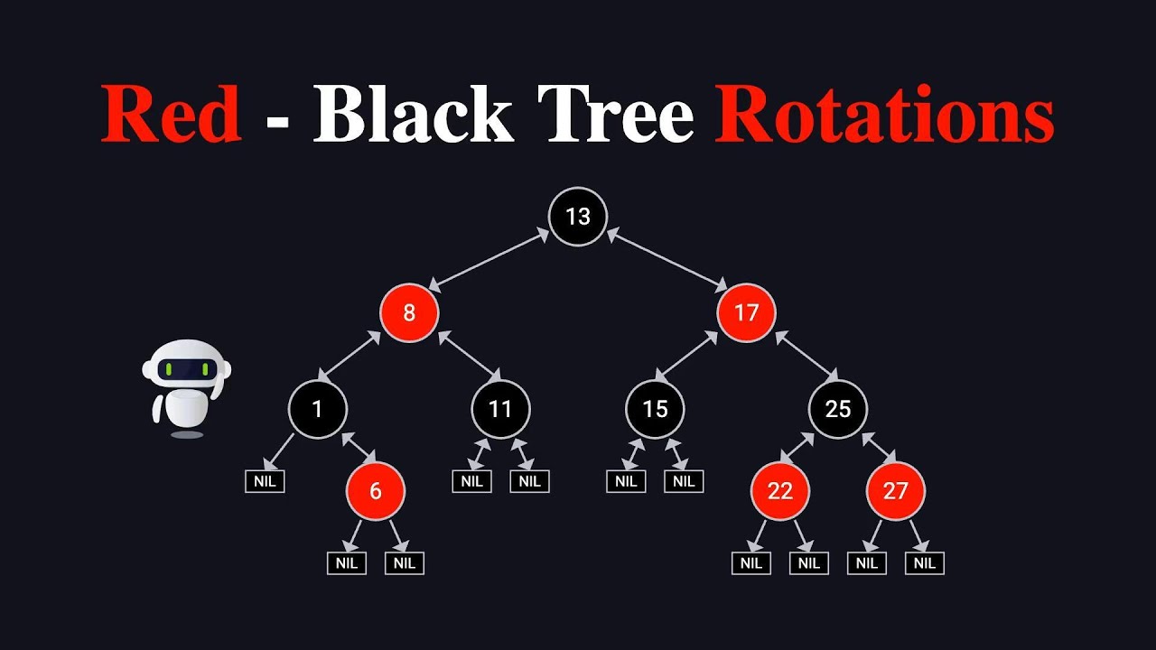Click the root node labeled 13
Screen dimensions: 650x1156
click(x=578, y=216)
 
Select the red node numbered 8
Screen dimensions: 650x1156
click(x=409, y=312)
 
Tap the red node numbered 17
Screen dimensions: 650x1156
click(x=747, y=312)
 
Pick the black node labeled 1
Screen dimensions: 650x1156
click(x=318, y=409)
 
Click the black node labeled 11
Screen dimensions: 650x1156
click(x=500, y=409)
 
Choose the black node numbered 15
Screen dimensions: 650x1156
click(x=655, y=409)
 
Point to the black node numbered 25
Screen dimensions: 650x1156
click(x=837, y=409)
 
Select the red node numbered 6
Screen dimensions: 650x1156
click(x=376, y=491)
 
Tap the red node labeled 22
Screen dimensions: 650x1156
click(x=780, y=491)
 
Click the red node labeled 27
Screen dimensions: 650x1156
click(x=895, y=491)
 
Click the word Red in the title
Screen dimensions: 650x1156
click(x=172, y=115)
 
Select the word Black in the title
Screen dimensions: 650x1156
click(x=414, y=115)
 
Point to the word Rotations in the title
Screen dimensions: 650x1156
click(x=884, y=115)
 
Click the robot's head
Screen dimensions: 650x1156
click(x=187, y=367)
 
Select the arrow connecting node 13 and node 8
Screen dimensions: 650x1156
click(x=489, y=260)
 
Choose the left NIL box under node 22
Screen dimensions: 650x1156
click(x=751, y=563)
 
